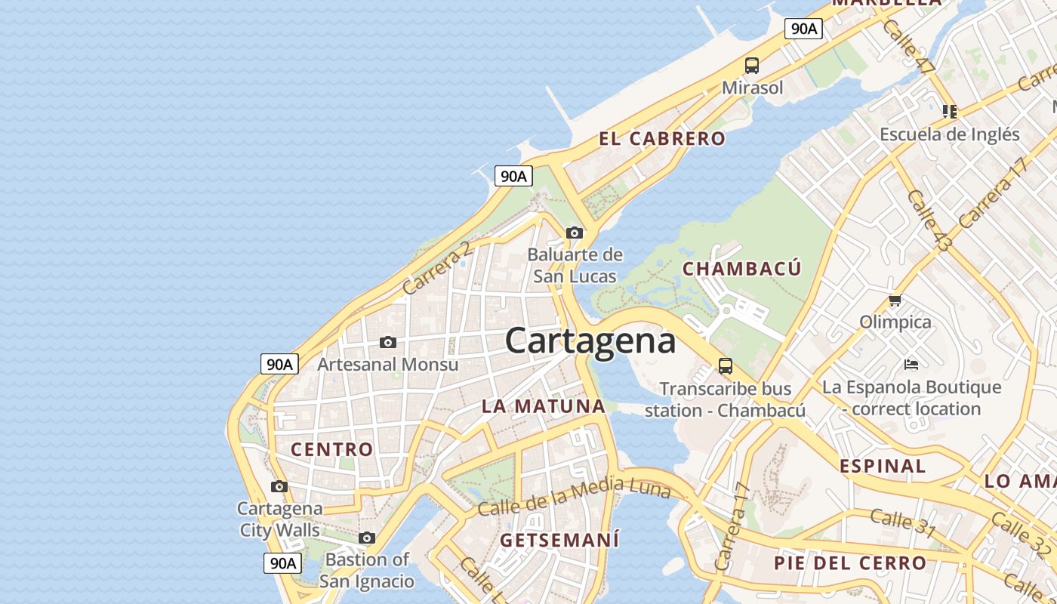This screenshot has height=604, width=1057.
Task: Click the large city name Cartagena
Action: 590,341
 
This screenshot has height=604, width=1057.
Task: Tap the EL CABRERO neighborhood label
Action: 662,139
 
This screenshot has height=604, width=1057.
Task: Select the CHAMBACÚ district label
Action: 741,269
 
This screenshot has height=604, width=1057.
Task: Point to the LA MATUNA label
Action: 544,406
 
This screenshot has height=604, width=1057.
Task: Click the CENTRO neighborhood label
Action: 332,449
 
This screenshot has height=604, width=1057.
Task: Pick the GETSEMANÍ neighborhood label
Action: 559,540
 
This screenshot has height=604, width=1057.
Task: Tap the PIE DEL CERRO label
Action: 849,562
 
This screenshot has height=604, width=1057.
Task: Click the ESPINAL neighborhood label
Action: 883,466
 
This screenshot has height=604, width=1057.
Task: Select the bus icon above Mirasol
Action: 752,65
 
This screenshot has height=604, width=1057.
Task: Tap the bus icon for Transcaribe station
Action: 726,366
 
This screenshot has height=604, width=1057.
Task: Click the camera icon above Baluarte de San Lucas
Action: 575,233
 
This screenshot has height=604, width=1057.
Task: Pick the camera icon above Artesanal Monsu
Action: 388,342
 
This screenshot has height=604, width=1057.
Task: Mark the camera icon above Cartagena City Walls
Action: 279,486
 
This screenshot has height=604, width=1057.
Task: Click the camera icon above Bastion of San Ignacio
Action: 367,538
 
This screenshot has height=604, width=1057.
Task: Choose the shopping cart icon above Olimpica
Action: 895,300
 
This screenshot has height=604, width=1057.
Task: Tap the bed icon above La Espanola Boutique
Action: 911,365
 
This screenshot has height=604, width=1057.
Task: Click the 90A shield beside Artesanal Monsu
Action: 279,364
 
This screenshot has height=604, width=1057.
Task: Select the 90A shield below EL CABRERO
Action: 513,177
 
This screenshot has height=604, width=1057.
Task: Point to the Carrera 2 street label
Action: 438,268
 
